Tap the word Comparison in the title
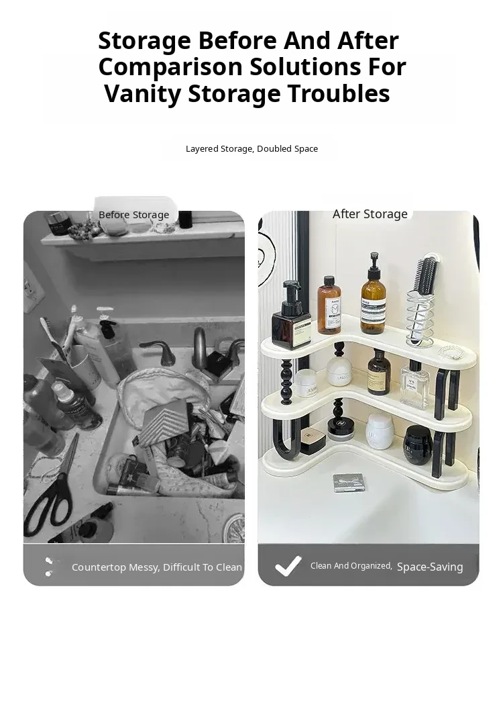pyautogui.click(x=170, y=67)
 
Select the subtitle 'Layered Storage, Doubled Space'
pyautogui.click(x=251, y=148)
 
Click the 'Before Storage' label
pyautogui.click(x=133, y=215)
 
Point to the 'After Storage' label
pyautogui.click(x=370, y=213)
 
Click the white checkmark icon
pyautogui.click(x=288, y=566)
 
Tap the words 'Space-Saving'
pyautogui.click(x=430, y=567)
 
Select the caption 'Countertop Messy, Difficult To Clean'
pyautogui.click(x=157, y=567)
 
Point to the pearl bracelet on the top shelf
pyautogui.click(x=452, y=351)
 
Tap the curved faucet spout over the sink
pyautogui.click(x=200, y=346)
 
